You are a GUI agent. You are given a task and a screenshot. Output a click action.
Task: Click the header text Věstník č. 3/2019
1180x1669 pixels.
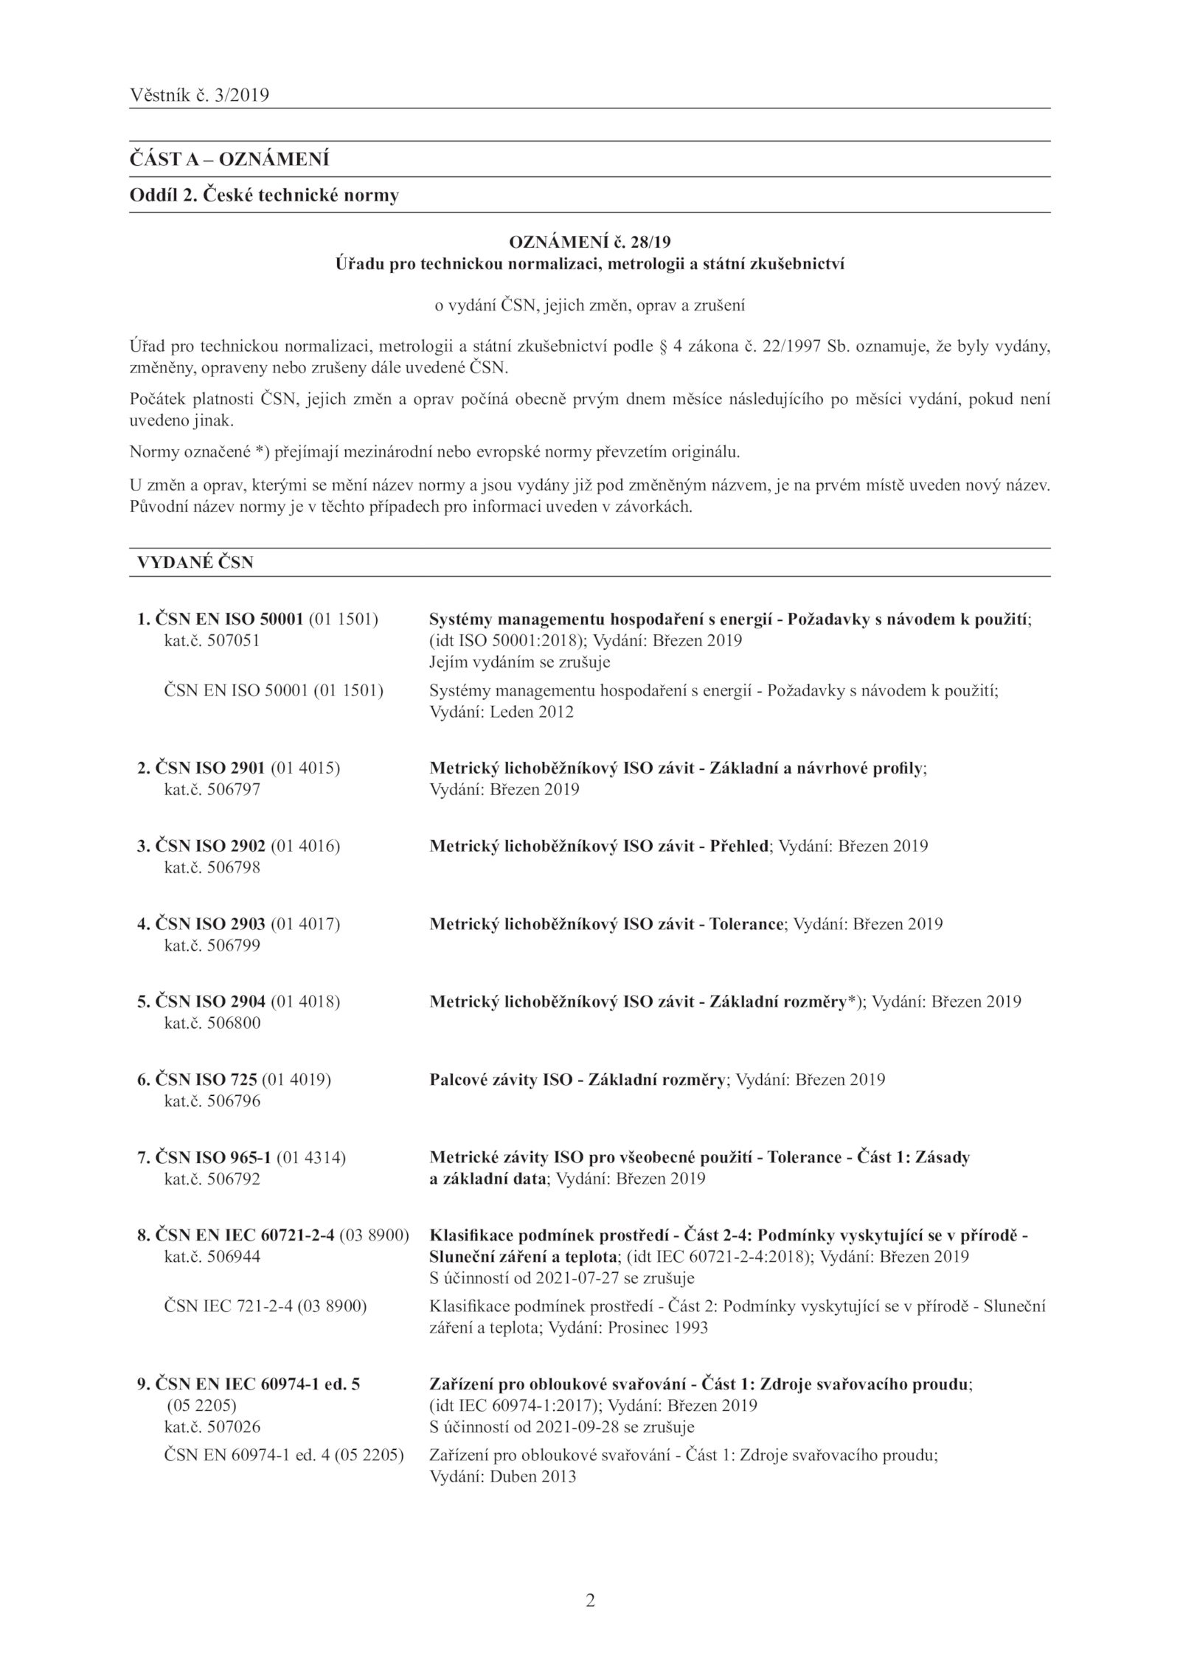(199, 95)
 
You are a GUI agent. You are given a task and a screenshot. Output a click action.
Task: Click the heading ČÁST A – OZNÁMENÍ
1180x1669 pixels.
(229, 159)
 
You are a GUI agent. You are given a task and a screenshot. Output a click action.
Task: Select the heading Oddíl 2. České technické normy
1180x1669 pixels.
(264, 195)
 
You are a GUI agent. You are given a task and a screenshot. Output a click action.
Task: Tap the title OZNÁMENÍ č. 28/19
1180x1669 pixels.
(590, 242)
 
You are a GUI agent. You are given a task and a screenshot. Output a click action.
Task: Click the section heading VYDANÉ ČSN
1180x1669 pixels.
(195, 562)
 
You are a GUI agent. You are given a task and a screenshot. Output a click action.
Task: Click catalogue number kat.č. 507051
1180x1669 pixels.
(212, 641)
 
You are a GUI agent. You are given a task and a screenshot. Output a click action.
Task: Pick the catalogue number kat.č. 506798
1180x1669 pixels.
(212, 867)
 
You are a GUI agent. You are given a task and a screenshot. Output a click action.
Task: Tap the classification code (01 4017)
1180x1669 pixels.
(306, 924)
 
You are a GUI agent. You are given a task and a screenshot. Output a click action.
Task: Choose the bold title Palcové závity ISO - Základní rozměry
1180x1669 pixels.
(577, 1080)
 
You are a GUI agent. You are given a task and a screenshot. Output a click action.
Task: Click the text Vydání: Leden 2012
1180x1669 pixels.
(502, 712)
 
